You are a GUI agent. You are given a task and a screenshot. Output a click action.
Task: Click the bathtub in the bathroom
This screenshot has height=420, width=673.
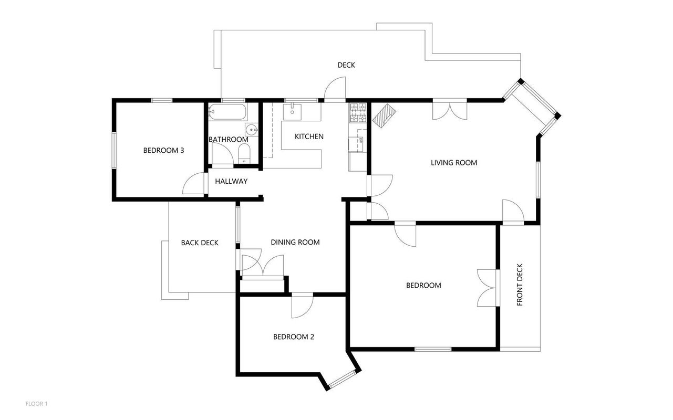click(227, 112)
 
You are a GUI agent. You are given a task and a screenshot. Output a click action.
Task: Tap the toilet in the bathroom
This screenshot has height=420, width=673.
click(244, 153)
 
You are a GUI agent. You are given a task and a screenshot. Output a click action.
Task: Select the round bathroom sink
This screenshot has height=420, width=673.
click(251, 130)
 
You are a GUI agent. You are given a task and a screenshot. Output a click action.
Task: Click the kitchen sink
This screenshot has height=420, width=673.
click(292, 112)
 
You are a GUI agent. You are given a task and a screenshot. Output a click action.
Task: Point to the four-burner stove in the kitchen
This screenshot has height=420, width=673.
click(358, 113)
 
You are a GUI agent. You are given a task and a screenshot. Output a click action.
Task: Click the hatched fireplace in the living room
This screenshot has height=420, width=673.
click(384, 115)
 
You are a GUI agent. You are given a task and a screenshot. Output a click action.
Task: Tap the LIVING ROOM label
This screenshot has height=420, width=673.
click(454, 163)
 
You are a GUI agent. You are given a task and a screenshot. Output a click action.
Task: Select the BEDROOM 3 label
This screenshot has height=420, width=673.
click(163, 150)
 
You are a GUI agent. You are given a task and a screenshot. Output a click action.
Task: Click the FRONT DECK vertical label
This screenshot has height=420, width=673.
click(520, 285)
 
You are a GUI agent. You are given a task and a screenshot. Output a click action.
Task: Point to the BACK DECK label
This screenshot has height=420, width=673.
click(200, 243)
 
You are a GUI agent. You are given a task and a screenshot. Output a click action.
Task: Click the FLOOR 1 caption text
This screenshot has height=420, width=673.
click(36, 404)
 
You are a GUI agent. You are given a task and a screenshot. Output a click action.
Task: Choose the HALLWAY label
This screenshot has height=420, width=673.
click(231, 181)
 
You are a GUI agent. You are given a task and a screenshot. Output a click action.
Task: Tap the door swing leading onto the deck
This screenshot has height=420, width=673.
click(335, 89)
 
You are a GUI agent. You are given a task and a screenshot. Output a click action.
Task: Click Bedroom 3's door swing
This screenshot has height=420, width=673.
click(193, 183)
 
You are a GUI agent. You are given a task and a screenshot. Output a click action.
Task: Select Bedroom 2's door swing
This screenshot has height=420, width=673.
click(302, 307)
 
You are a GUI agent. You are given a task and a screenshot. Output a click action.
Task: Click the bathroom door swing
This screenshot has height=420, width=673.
click(223, 154)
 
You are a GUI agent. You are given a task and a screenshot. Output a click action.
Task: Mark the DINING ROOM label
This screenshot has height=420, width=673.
click(295, 242)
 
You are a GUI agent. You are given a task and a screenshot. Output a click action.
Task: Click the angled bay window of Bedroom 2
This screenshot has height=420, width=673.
click(342, 379)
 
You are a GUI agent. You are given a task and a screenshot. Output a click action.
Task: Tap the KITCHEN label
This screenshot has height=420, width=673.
click(309, 136)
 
